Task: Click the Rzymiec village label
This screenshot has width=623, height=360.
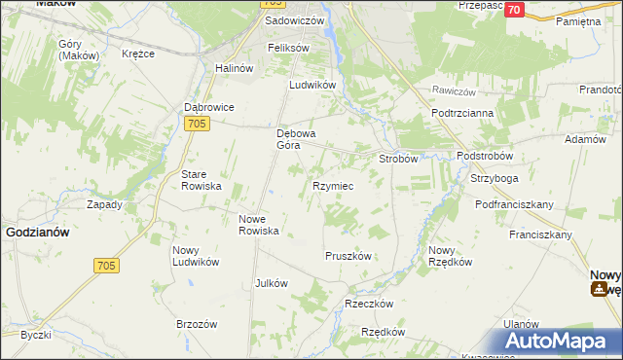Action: [332, 185]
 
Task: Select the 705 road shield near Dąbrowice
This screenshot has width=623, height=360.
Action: [198, 123]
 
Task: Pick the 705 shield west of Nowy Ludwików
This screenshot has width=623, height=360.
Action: [107, 266]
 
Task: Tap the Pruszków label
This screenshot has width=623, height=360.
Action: [348, 256]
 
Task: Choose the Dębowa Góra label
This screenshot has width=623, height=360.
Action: [294, 139]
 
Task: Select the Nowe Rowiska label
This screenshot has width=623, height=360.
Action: [260, 225]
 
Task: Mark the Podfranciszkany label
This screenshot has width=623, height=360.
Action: [514, 204]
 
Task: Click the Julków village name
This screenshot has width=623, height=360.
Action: [271, 283]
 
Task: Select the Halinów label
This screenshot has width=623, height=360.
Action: [234, 68]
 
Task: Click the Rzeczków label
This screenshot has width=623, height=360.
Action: [369, 304]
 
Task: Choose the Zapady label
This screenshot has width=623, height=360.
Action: [104, 205]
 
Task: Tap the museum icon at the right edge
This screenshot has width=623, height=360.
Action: [602, 288]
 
